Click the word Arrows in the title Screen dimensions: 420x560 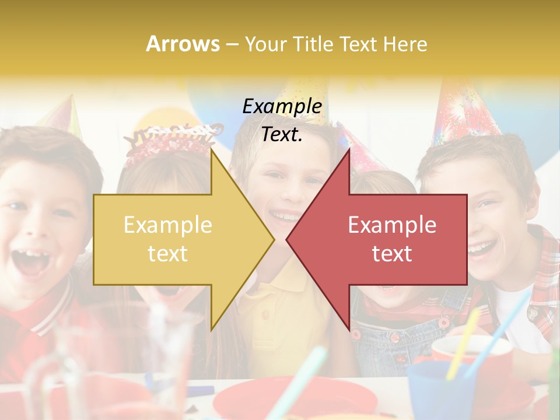183,44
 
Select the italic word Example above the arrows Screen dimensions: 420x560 282,106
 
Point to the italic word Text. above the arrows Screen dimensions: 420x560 282,134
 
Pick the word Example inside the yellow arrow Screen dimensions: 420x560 168,225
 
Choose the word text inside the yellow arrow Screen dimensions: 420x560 168,253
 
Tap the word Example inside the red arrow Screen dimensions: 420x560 392,225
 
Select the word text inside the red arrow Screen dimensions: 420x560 392,253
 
